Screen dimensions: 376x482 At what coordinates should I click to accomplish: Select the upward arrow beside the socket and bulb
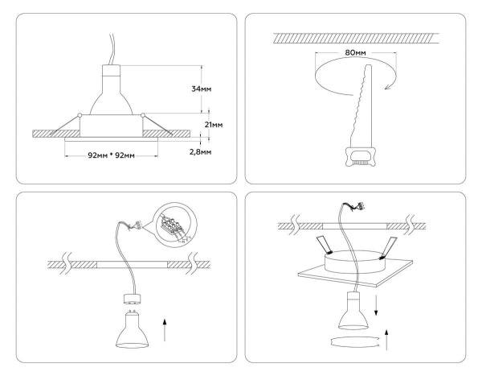click(165, 328)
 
